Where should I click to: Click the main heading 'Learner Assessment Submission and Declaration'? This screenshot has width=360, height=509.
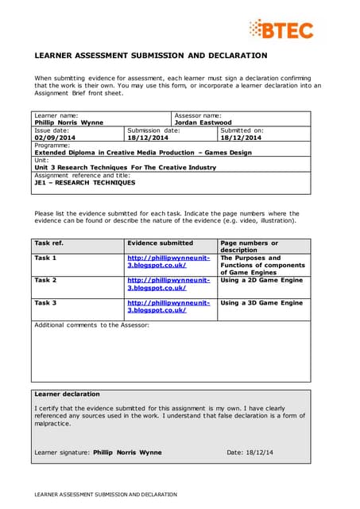(151, 56)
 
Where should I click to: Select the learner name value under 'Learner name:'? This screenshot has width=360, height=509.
(68, 122)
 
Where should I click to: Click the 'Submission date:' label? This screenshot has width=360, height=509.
(153, 130)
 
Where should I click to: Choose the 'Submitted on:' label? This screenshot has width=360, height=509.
(242, 130)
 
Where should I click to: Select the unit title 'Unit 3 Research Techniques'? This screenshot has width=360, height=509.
(125, 168)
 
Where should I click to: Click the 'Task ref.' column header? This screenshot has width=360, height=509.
(48, 243)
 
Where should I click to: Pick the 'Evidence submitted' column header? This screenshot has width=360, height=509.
(160, 243)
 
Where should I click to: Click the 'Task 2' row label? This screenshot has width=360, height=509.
(45, 281)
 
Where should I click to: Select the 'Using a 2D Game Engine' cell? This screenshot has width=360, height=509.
(261, 281)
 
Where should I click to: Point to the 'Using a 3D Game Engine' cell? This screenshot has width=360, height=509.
(261, 303)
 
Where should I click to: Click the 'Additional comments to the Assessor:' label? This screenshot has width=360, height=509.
(91, 325)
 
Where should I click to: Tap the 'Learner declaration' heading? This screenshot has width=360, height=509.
(67, 394)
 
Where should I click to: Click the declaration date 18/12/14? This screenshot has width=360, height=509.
(262, 453)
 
